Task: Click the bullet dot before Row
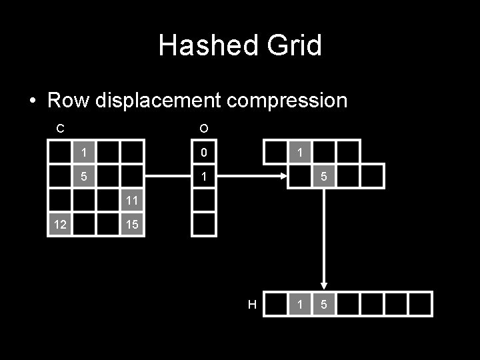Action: pos(33,101)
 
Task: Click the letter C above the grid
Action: pos(60,128)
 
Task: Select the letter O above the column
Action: pos(203,128)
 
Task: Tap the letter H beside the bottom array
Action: pos(252,305)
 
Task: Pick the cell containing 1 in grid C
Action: pos(84,153)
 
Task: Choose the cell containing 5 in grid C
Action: pos(84,177)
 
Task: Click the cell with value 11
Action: pos(131,200)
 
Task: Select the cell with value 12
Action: pos(60,225)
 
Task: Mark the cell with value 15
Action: pos(131,225)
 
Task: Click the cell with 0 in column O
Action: pos(204,153)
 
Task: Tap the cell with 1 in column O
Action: pos(204,177)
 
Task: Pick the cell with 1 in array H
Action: pos(300,305)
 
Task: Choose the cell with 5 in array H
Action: pos(324,305)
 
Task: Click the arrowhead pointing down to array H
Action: pos(324,284)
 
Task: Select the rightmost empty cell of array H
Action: pos(420,305)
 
